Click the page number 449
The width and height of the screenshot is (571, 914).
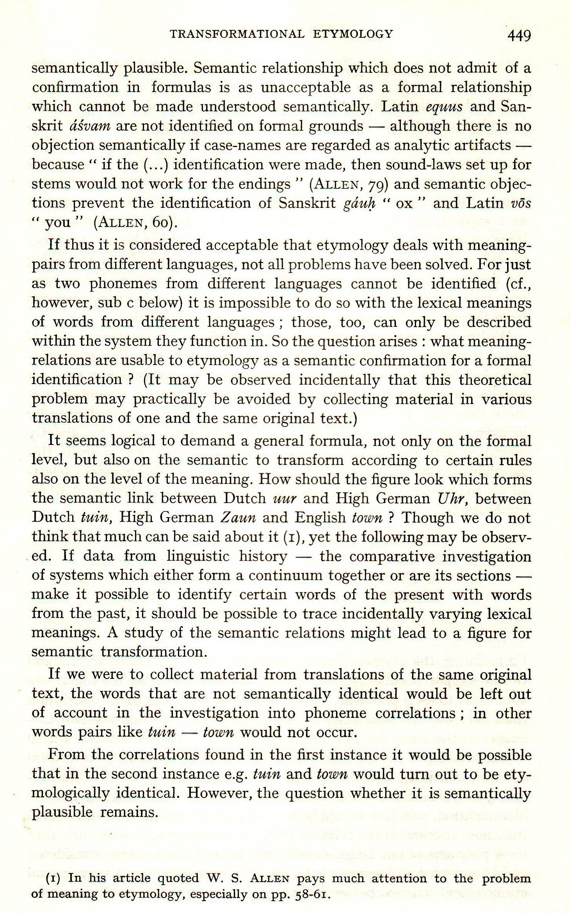tap(519, 36)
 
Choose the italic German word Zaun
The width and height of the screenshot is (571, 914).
tap(238, 518)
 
